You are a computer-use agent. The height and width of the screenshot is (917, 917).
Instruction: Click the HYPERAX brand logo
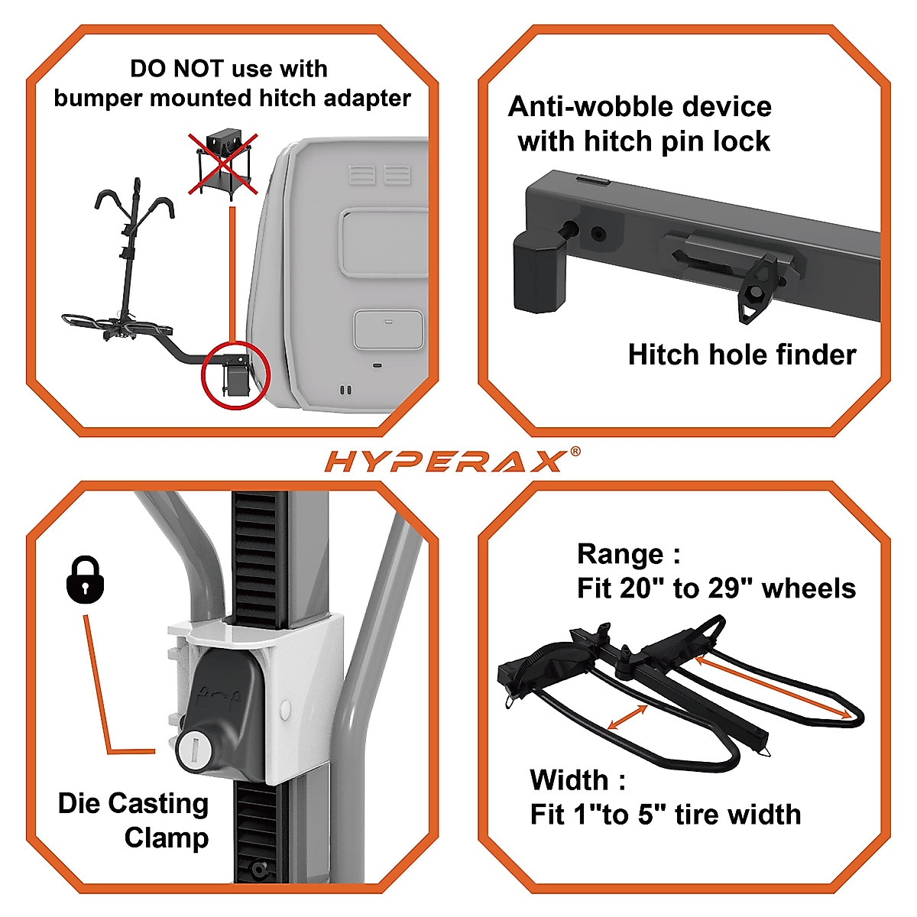447,461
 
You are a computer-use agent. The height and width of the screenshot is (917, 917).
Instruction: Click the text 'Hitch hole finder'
741,355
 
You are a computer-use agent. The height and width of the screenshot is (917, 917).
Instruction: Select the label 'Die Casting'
133,803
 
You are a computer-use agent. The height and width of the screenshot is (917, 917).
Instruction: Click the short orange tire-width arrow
627,718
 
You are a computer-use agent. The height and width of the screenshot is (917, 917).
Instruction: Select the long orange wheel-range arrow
772,687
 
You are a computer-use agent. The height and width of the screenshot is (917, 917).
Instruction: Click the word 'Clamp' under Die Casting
166,838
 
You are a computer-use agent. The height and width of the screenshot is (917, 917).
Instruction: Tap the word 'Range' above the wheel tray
620,553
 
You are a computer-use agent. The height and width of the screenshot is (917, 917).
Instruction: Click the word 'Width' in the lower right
569,780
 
